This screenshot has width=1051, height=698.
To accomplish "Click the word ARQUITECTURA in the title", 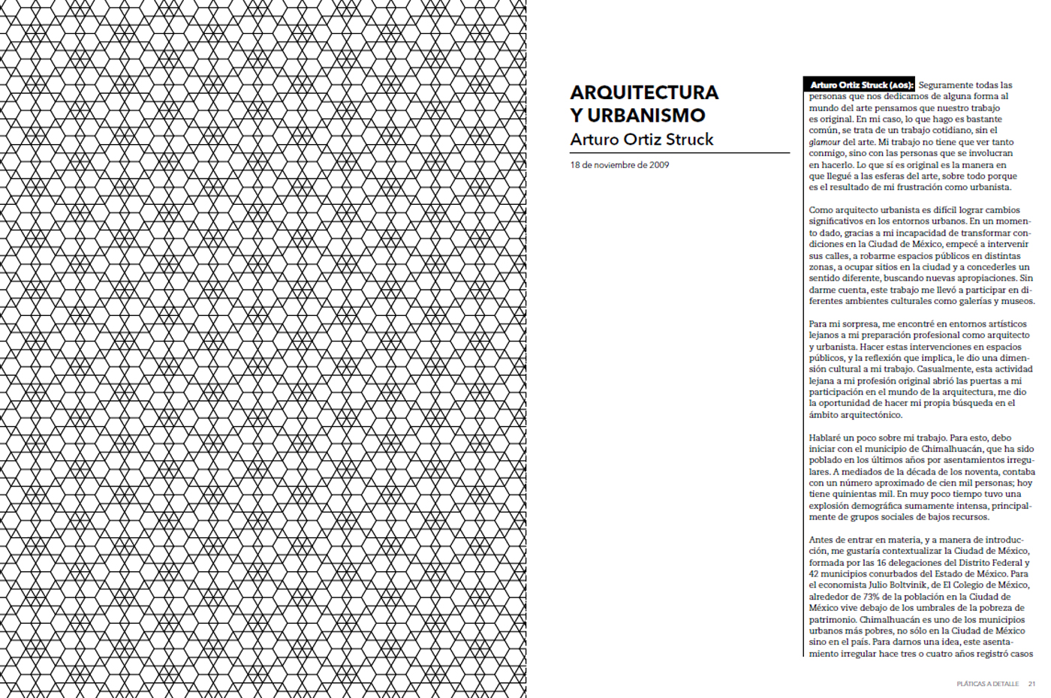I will tap(643, 92).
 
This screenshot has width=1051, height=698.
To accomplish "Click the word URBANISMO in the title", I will tap(646, 116).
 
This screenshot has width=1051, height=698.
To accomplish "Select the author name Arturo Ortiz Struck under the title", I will tap(641, 140).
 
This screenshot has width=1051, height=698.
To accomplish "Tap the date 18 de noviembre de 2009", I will tap(619, 165).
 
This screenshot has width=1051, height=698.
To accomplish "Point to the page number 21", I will tap(1031, 684).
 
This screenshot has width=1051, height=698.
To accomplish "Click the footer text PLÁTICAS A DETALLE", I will tap(987, 684).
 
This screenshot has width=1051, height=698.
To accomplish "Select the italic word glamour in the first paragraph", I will tap(824, 142).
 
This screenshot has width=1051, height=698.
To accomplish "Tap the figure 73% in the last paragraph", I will tap(871, 597).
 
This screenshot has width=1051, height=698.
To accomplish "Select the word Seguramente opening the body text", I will tap(946, 85).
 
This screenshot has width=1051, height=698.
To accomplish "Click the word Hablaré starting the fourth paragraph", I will tap(826, 438).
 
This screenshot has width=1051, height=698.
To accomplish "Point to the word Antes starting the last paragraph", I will tap(821, 540).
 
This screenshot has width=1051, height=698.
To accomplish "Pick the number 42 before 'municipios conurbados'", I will tap(815, 574).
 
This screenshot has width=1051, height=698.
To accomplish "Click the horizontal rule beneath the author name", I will tap(679, 152).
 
